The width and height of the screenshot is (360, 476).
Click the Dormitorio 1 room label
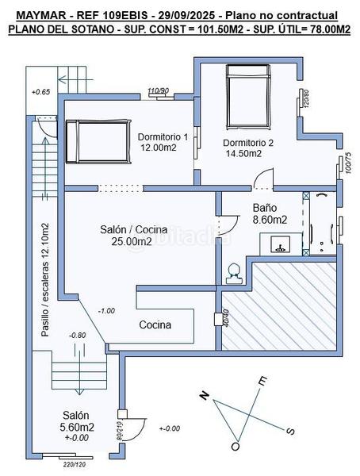coord(163,136)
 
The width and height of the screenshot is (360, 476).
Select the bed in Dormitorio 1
coord(95,140)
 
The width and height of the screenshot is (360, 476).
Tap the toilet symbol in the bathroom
coord(233,273)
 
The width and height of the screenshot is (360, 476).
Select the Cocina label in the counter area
coord(155,324)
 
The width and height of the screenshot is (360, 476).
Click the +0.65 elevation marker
coord(40,93)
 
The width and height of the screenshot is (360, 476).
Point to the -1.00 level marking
coord(106,310)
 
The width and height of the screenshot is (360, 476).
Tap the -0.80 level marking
coord(77,335)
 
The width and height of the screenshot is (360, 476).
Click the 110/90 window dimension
coord(159,90)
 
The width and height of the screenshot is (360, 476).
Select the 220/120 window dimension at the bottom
coord(74,465)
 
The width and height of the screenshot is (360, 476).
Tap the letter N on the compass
coord(205,397)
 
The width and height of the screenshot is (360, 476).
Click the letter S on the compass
coord(290,431)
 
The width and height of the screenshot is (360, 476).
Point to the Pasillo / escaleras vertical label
coord(46,280)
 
